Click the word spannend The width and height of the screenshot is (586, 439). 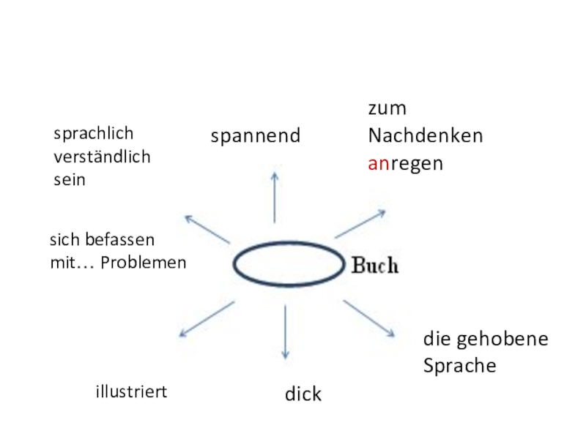click(256, 136)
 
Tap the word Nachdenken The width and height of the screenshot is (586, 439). click(426, 136)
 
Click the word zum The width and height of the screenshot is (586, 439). click(387, 108)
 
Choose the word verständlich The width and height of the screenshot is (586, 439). click(102, 157)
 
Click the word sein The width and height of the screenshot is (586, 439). click(70, 179)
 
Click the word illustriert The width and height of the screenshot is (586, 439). click(131, 392)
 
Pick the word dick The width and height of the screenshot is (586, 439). click(303, 394)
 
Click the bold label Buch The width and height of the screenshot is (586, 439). click(375, 266)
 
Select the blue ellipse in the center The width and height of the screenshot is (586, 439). click(288, 264)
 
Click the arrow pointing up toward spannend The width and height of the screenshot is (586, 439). click(275, 197)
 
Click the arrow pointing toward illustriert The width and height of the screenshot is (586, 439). click(206, 319)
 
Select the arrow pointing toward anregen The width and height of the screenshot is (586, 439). click(360, 224)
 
